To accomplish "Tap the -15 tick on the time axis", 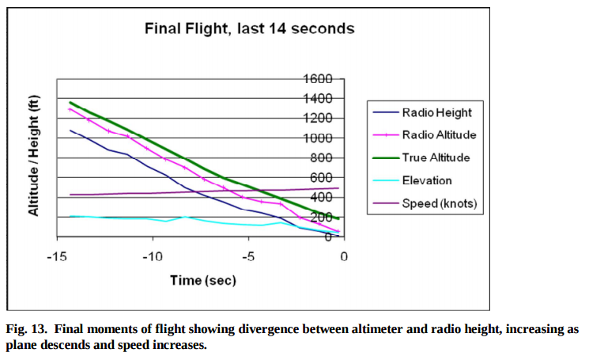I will click(55, 256).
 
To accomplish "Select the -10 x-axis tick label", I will click(151, 256).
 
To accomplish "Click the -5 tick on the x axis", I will click(247, 256).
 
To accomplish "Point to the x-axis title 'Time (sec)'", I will click(204, 280).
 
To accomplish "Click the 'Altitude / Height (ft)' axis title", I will click(34, 157).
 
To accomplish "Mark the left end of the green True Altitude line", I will click(71, 102).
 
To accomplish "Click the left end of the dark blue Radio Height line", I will click(71, 131).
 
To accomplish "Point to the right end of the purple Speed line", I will click(338, 188).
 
